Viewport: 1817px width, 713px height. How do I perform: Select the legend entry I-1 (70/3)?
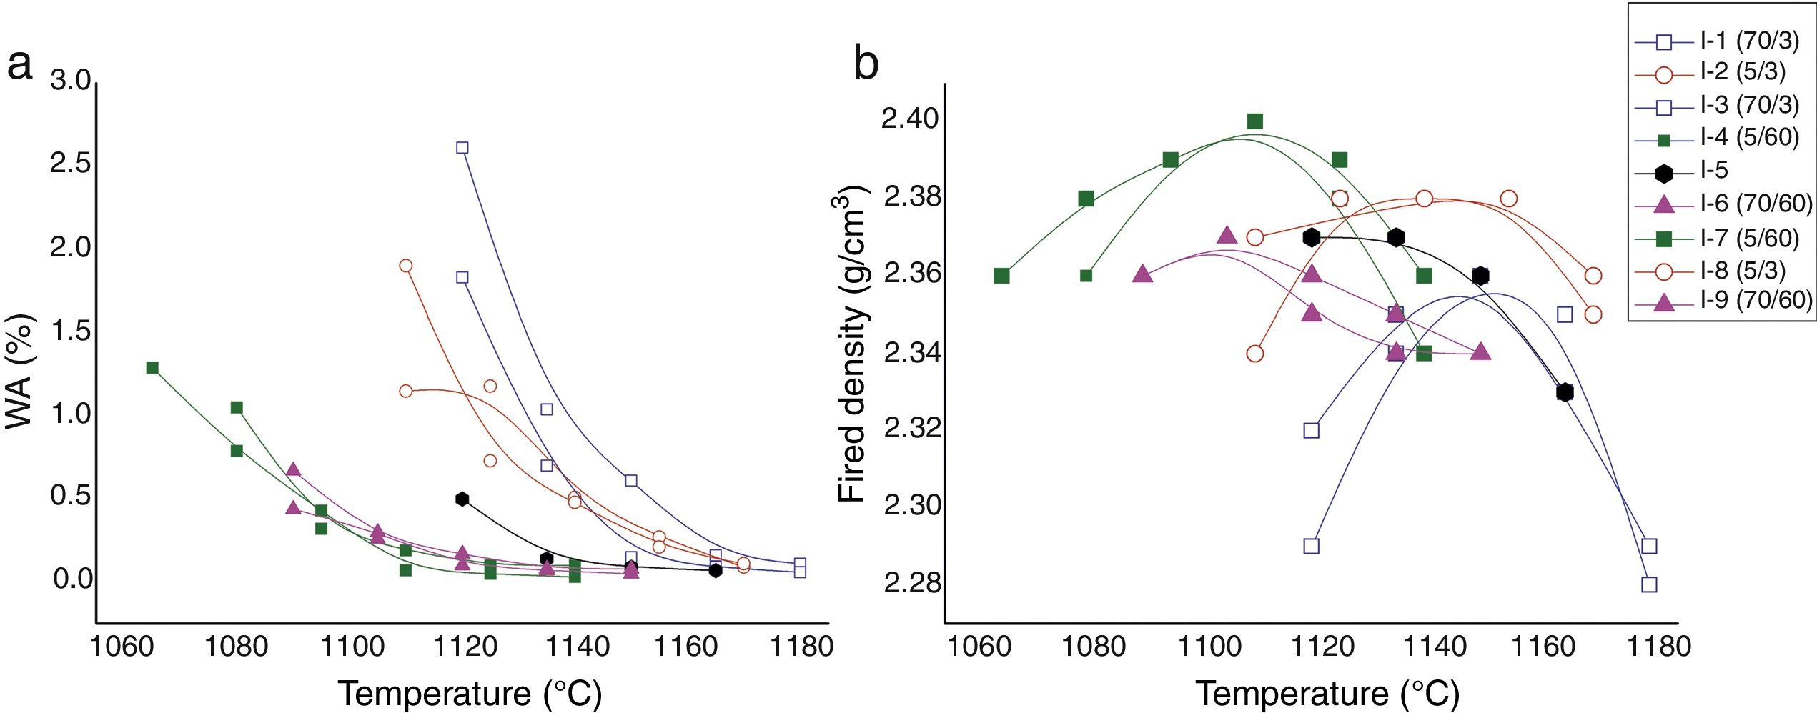(x=1749, y=41)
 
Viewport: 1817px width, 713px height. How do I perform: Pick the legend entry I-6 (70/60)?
(x=1756, y=204)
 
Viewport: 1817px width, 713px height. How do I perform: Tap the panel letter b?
(x=866, y=64)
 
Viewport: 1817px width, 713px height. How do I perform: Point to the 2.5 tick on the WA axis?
(x=71, y=164)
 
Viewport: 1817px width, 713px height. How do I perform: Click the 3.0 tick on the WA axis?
(x=71, y=80)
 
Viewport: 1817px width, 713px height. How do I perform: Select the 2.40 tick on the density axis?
(x=909, y=119)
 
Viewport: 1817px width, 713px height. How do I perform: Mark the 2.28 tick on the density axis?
(x=909, y=583)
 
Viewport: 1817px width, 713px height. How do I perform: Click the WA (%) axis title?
(x=19, y=372)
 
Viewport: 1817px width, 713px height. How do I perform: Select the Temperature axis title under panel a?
(x=470, y=694)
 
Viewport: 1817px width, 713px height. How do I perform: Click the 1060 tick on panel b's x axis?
(x=979, y=647)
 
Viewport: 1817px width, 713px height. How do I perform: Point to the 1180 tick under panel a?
(x=801, y=647)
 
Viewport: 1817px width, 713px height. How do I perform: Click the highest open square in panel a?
(x=462, y=148)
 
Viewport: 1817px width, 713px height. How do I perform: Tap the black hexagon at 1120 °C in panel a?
(x=462, y=499)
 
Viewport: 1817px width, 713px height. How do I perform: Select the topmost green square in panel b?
(x=1255, y=121)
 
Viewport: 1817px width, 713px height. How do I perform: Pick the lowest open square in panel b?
(x=1649, y=584)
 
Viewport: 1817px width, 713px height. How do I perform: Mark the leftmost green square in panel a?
(x=152, y=368)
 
